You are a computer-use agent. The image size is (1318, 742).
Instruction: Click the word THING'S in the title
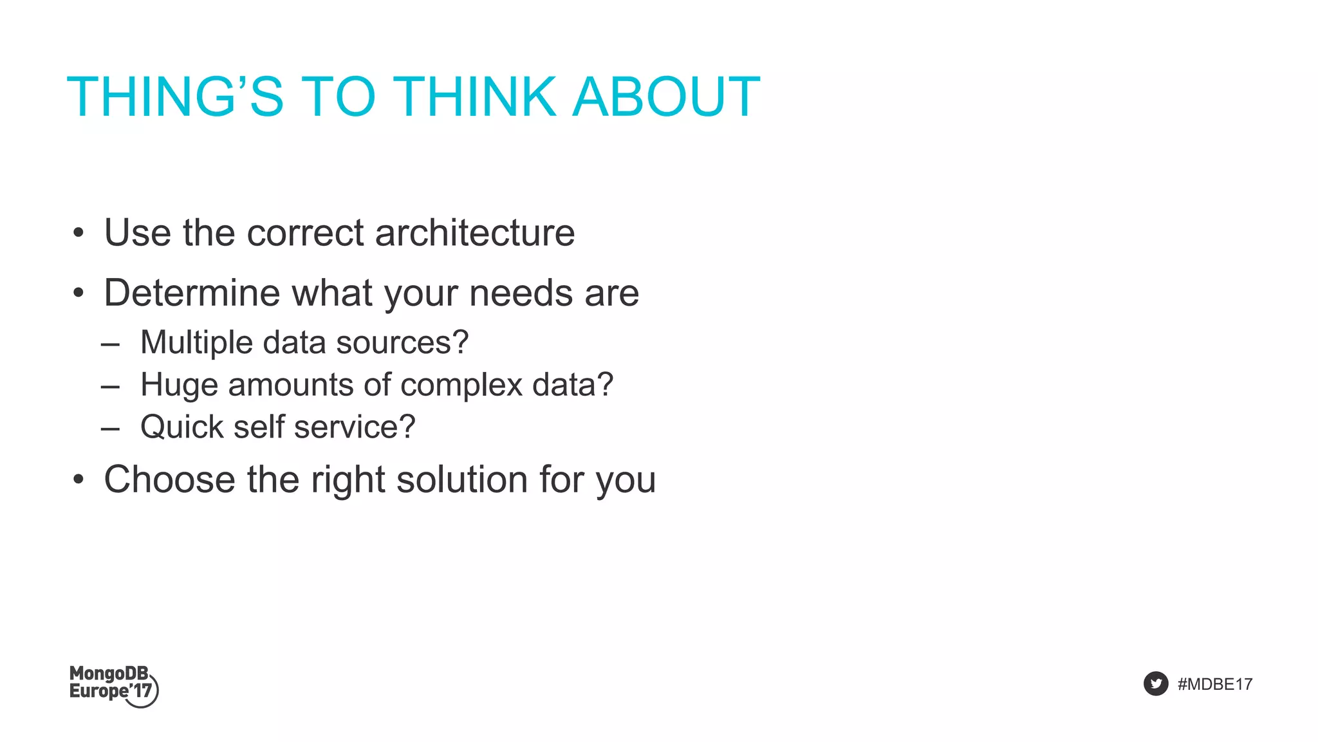coord(174,97)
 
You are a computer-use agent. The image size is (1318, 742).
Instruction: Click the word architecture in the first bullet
coord(474,232)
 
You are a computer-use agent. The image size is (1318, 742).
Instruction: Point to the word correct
coord(305,232)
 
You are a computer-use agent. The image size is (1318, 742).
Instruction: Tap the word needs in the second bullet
coord(521,293)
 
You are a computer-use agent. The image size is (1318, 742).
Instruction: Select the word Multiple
coord(196,342)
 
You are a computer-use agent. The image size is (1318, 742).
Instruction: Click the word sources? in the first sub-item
coord(402,342)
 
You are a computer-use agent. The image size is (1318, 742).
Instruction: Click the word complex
coord(461,385)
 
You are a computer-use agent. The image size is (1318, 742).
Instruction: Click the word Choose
coord(169,480)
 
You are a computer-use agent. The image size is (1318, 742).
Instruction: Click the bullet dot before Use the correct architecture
coord(79,234)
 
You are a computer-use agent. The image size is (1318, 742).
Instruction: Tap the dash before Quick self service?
coord(110,429)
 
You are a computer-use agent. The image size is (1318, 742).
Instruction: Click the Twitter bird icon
coord(1155,683)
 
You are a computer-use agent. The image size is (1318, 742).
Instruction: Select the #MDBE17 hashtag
coord(1214,684)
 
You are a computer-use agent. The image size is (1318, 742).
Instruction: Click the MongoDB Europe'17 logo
coord(113,685)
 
